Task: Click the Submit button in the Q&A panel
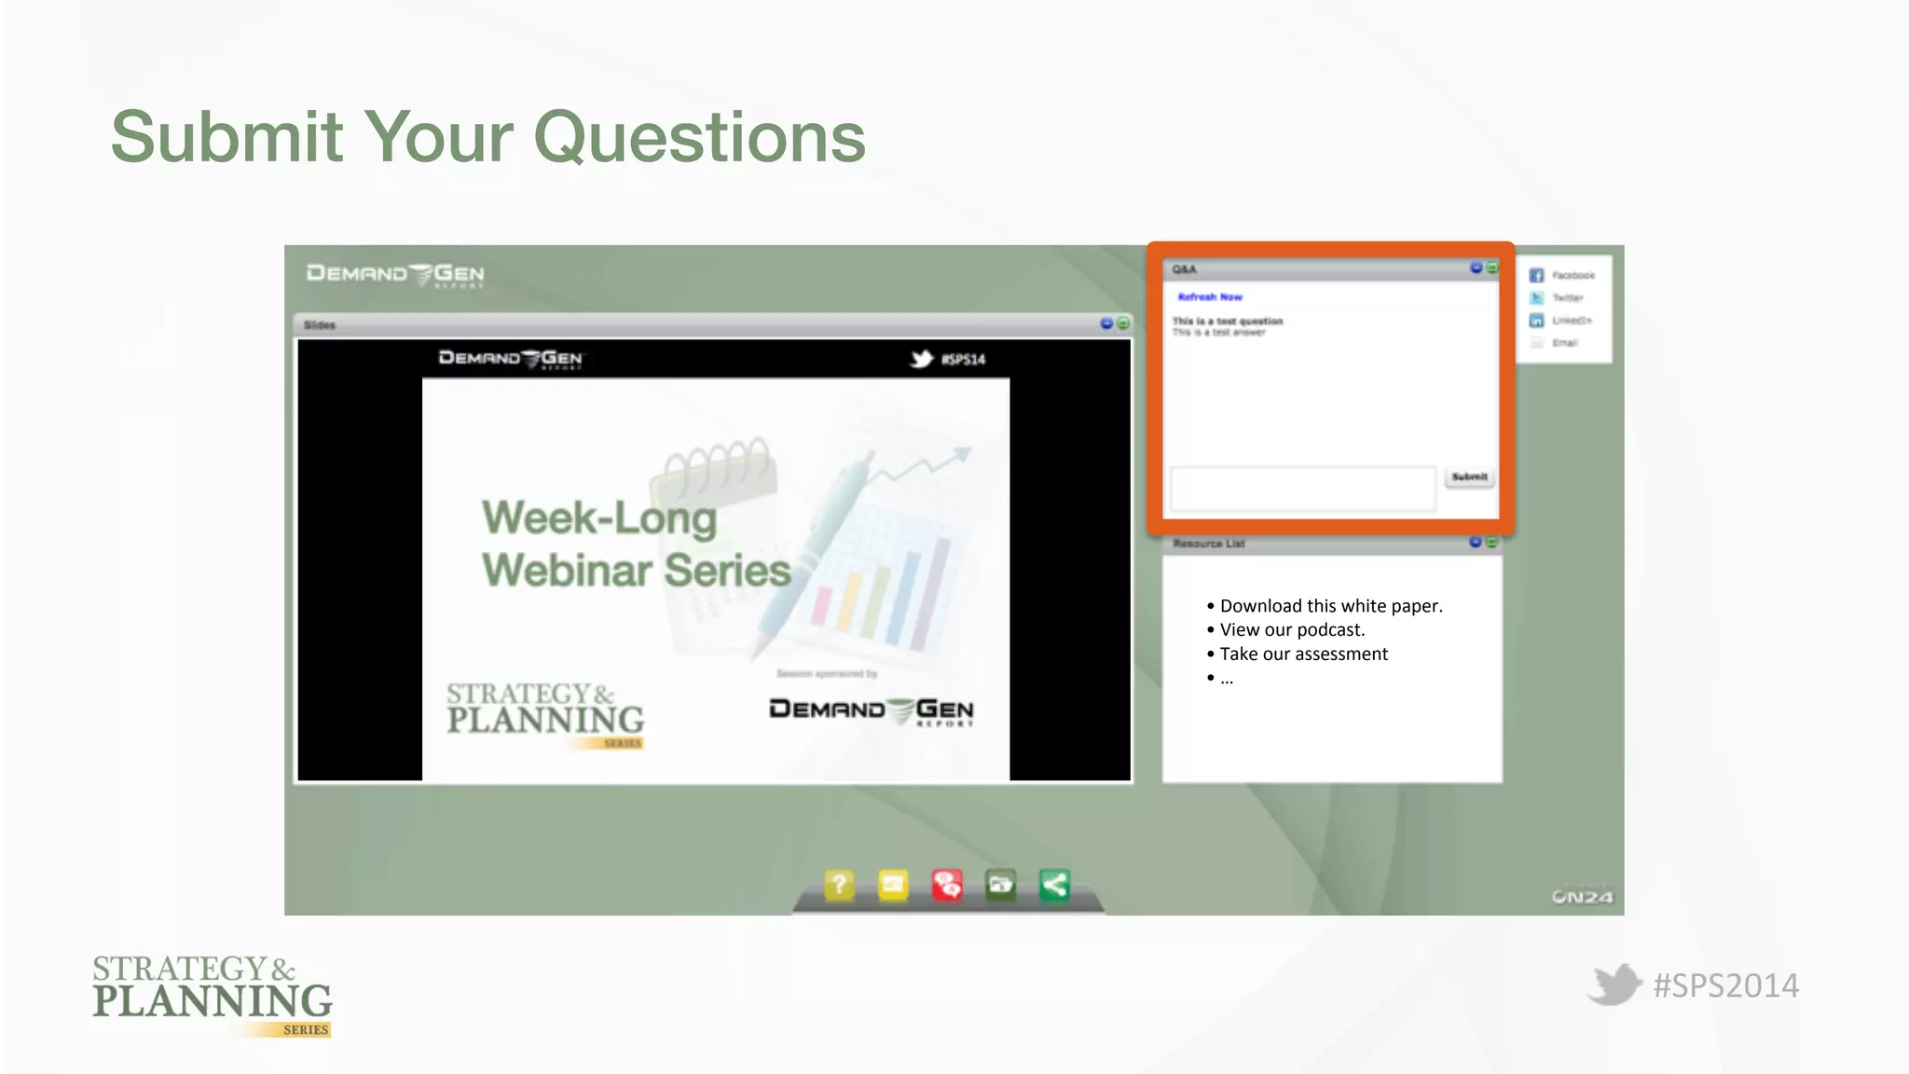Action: click(1469, 477)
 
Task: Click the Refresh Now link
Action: click(1210, 297)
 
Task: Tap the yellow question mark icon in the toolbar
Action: click(839, 884)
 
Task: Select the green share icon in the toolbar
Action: click(1054, 884)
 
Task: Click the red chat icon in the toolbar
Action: click(947, 884)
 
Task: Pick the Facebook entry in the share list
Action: click(1572, 276)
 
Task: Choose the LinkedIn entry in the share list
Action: click(1571, 321)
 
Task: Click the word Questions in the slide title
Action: click(699, 138)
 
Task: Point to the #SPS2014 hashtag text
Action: click(1725, 986)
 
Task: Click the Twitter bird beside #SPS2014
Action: click(1614, 984)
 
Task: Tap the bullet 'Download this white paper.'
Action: click(1330, 606)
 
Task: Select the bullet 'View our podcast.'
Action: click(1291, 630)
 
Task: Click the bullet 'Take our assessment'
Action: click(1303, 654)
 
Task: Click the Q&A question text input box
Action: click(1302, 489)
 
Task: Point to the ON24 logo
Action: click(1582, 897)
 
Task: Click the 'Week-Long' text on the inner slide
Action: click(598, 518)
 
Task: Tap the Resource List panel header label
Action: click(1208, 544)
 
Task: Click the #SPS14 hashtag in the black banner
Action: click(962, 360)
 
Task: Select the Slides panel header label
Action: click(319, 325)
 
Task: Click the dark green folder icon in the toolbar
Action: click(1000, 884)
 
